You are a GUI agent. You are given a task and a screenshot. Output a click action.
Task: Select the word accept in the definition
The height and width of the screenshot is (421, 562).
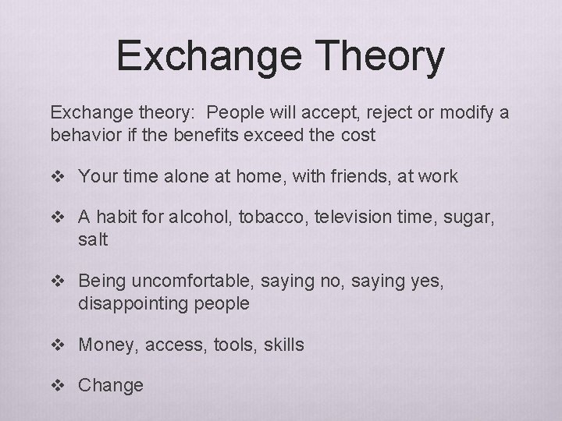[x=314, y=113]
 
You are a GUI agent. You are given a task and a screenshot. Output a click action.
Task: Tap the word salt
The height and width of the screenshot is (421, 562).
[x=93, y=240]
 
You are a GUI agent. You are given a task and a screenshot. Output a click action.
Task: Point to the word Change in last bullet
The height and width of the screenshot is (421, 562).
[x=110, y=385]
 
